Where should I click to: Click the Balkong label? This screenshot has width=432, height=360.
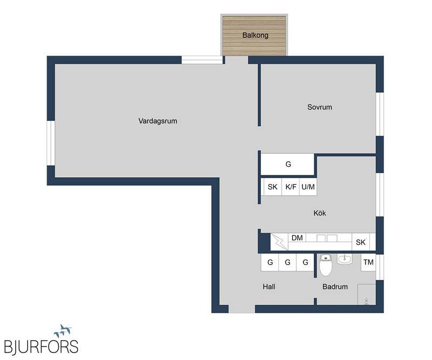[255, 35]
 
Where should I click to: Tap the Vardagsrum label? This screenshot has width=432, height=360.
[158, 121]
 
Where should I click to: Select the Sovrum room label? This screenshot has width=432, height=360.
[320, 107]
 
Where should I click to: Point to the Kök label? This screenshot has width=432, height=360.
[320, 213]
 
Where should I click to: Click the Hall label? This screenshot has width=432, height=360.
[269, 287]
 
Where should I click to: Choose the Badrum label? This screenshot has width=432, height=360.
[335, 287]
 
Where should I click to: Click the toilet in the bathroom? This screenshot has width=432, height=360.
[326, 265]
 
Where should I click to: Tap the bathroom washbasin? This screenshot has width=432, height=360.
[345, 259]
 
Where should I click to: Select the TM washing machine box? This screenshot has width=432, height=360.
[368, 262]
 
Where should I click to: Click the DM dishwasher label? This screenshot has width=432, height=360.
[297, 237]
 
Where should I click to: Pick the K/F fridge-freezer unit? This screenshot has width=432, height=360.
[291, 187]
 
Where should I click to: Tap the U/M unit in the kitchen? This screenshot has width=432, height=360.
[308, 187]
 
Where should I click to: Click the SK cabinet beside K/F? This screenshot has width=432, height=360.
[273, 187]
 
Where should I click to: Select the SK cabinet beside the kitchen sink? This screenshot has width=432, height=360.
[361, 242]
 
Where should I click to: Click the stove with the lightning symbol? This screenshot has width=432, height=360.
[279, 242]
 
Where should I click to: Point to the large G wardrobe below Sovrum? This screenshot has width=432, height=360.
[287, 164]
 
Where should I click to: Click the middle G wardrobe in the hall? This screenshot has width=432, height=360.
[287, 262]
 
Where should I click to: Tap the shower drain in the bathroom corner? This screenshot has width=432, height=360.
[366, 301]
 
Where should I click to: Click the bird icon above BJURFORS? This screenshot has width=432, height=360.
[63, 331]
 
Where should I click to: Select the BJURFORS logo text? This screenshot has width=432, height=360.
[42, 347]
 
